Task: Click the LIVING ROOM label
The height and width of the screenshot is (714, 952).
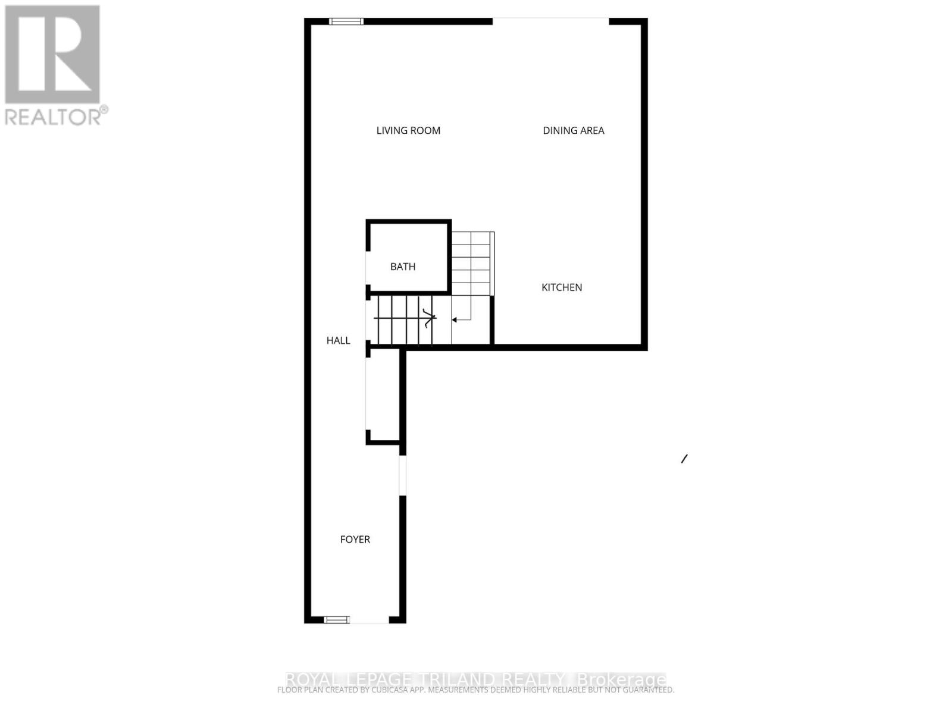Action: (x=408, y=130)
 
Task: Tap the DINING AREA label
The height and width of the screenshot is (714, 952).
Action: (x=573, y=130)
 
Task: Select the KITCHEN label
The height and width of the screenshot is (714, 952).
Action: (x=561, y=287)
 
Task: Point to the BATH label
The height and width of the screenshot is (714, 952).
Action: (x=403, y=267)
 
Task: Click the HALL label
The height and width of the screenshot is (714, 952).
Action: (x=338, y=340)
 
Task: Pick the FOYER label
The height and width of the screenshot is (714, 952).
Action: (x=355, y=539)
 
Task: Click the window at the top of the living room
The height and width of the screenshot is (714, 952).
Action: (x=346, y=21)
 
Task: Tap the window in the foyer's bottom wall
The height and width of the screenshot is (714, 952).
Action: (x=337, y=620)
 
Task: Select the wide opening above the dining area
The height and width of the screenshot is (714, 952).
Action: (x=550, y=21)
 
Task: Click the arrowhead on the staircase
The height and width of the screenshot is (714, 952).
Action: (x=454, y=320)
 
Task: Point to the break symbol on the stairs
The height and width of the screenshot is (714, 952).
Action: (x=428, y=318)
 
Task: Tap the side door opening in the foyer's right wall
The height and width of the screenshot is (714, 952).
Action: (x=403, y=475)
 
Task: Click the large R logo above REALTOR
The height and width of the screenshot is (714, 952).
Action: (x=52, y=55)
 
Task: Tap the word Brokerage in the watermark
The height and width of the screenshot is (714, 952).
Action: (x=621, y=679)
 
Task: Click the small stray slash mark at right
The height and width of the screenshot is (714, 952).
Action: (x=684, y=459)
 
